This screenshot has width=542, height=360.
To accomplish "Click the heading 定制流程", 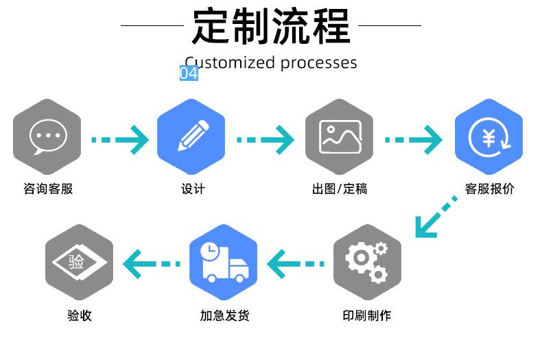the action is tap(272, 26).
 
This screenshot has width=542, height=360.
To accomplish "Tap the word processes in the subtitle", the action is tap(318, 63).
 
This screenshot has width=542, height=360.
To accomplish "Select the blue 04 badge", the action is tap(189, 73).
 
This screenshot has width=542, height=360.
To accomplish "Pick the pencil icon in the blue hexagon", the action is tap(193, 136).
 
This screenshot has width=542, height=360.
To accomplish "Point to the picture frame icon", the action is tap(340, 136).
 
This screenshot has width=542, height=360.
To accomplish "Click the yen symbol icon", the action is tap(489, 138).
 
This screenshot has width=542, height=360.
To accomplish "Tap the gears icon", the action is tap(367, 262).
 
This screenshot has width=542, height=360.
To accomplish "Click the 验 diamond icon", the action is tap(79, 262).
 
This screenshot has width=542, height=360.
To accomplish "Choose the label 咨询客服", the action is tap(48, 189).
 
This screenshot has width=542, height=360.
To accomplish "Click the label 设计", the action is tap(193, 189).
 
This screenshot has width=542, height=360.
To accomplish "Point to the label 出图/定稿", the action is tap(340, 189).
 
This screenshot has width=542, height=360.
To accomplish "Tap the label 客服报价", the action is tap(489, 189).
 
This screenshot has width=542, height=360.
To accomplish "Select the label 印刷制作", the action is tap(367, 315).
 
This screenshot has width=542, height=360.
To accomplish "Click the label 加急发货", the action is tap(224, 315).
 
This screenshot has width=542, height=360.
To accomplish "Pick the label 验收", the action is tap(80, 315).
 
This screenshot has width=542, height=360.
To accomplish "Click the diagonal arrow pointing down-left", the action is tap(435, 217).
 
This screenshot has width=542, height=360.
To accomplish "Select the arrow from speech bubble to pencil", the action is tap(119, 140).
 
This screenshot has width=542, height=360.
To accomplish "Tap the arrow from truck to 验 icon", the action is tap(152, 264).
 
